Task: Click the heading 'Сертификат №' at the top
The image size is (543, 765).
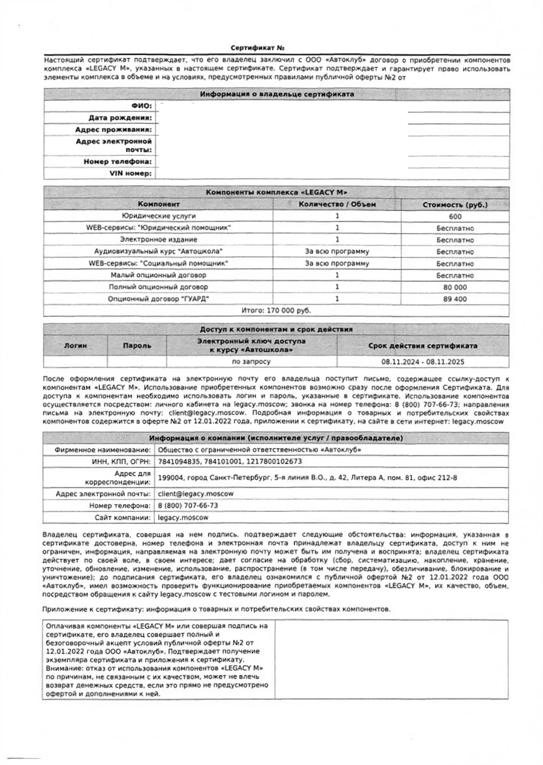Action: click(257, 48)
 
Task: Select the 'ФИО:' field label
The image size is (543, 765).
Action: click(142, 106)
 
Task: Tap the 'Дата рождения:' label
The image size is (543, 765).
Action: click(120, 118)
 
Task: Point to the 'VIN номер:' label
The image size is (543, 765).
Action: click(131, 173)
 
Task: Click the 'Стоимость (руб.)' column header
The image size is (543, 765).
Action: click(455, 205)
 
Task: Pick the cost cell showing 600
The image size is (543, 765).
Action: click(455, 217)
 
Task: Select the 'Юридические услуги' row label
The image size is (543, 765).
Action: click(158, 216)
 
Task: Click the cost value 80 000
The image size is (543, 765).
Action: click(455, 287)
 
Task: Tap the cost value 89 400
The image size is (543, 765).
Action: click(455, 299)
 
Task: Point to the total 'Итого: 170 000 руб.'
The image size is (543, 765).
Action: click(276, 311)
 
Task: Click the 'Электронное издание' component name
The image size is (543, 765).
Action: click(158, 240)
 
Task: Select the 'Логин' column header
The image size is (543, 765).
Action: click(75, 346)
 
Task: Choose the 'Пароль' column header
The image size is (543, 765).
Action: click(137, 346)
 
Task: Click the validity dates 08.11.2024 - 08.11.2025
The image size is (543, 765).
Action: click(423, 362)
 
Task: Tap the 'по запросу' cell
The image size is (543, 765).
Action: click(251, 362)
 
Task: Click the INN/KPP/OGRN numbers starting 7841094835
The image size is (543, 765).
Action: click(230, 462)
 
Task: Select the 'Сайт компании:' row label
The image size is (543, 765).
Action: click(122, 517)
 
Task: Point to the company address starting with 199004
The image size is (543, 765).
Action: click(307, 478)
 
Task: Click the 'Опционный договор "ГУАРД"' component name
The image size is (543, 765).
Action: click(158, 299)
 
